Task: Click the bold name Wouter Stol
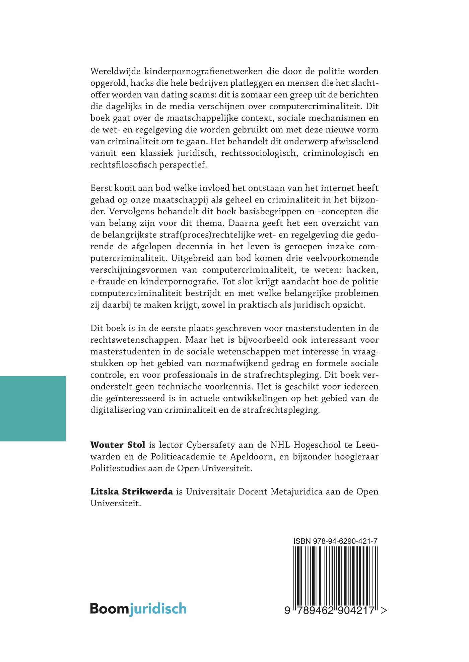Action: (118, 445)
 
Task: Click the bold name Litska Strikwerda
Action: (132, 491)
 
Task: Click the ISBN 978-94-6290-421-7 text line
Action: (335, 541)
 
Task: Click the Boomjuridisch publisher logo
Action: (138, 609)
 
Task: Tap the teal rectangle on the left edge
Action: (33, 408)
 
